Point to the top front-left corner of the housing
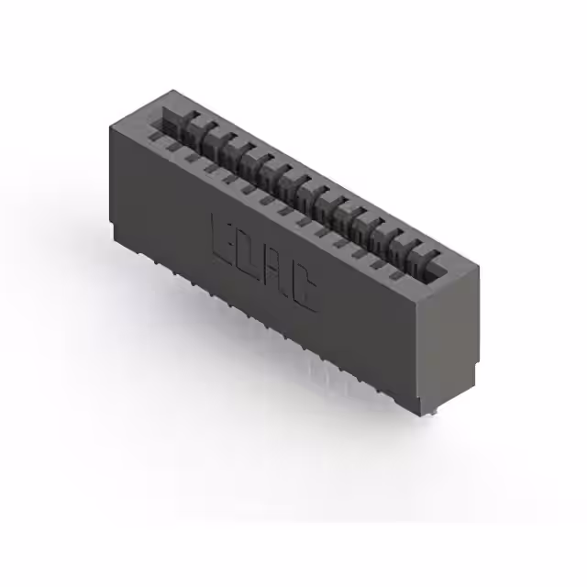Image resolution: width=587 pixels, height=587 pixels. coord(112,125)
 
